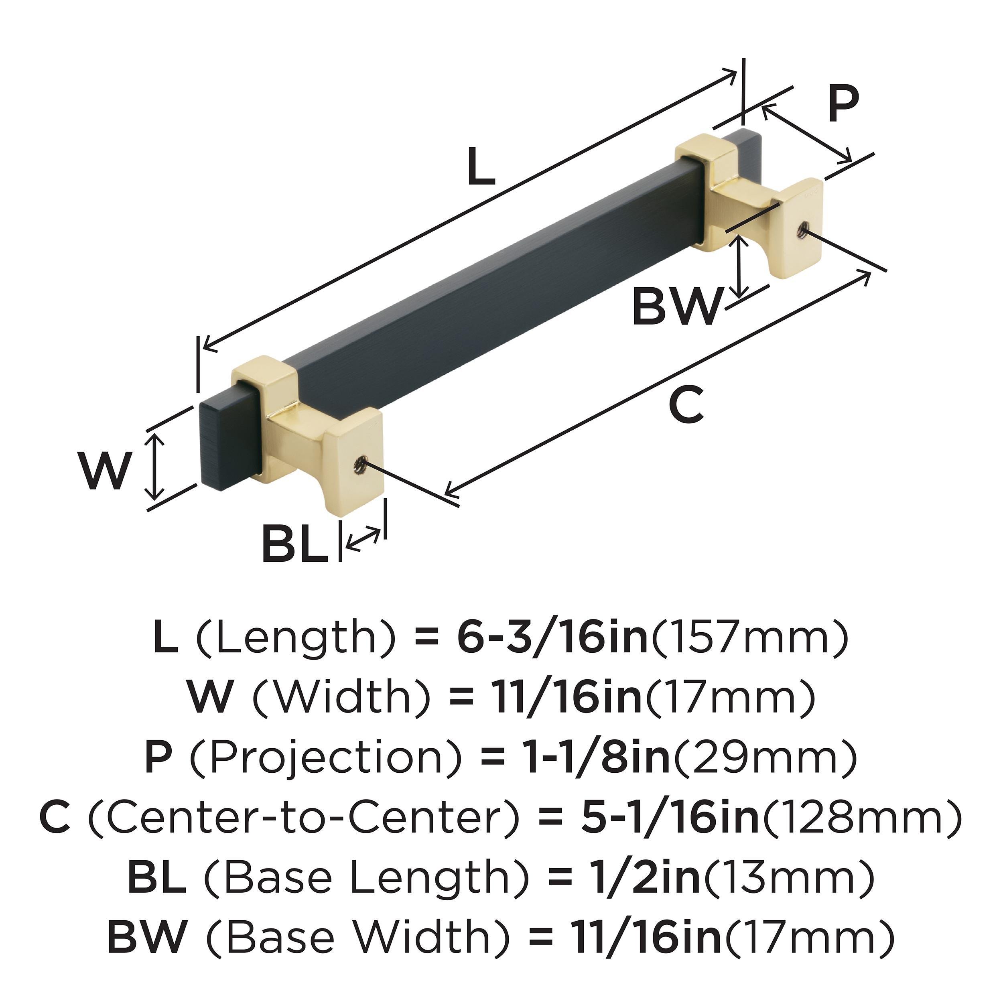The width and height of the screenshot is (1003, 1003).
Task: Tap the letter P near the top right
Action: tap(843, 104)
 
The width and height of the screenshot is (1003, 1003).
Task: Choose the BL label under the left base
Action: tap(294, 544)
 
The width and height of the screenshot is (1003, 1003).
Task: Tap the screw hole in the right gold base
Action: tap(802, 229)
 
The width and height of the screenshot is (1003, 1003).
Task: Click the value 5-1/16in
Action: tap(670, 816)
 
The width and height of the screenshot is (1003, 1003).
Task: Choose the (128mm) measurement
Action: tap(861, 816)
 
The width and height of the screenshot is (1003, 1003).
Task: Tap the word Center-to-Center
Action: tap(304, 816)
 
